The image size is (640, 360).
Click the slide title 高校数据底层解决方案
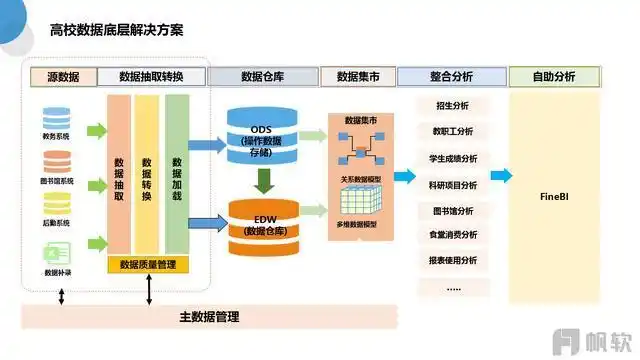(116, 29)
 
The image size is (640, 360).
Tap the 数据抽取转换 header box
(156, 77)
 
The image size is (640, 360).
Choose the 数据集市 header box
(356, 77)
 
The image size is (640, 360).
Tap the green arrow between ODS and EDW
(262, 180)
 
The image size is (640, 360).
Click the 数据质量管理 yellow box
(147, 265)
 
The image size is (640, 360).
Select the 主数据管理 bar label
(209, 317)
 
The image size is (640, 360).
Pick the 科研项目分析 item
(452, 184)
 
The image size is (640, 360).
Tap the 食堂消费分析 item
(452, 235)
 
